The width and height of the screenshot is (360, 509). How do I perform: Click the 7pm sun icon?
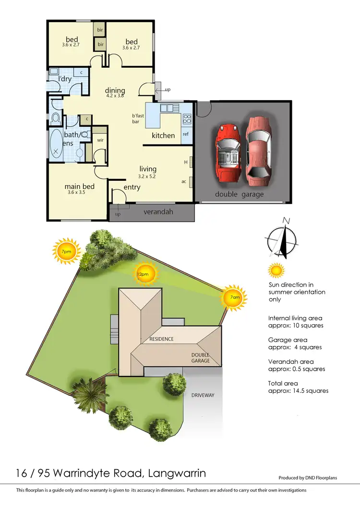65,251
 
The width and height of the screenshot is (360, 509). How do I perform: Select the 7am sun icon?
234,298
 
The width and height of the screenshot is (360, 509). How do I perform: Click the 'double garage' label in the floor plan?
239,194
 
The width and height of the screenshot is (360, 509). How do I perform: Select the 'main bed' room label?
80,187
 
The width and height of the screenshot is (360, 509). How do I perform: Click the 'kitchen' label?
163,136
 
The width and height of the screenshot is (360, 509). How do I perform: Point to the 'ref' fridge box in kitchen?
186,134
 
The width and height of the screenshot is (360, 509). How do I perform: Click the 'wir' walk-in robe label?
100,140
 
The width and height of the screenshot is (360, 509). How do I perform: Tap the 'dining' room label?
115,90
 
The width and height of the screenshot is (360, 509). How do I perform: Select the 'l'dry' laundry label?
65,79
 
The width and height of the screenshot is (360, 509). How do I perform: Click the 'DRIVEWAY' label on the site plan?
203,395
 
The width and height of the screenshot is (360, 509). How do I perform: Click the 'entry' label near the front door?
132,187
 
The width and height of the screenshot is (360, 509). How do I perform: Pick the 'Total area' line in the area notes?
283,383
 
